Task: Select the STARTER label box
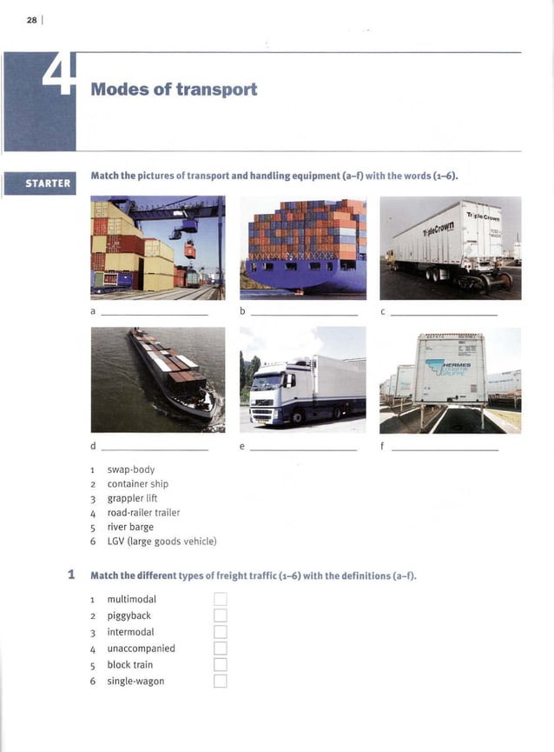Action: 39,183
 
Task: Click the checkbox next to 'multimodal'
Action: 220,599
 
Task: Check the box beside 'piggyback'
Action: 220,616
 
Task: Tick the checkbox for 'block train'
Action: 220,664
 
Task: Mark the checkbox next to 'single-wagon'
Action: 220,681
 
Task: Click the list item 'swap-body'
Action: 130,469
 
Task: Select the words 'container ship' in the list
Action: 137,484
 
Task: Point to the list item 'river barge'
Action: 130,527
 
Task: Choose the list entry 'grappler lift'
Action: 132,498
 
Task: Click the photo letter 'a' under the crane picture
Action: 93,309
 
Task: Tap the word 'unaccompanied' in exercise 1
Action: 141,649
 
